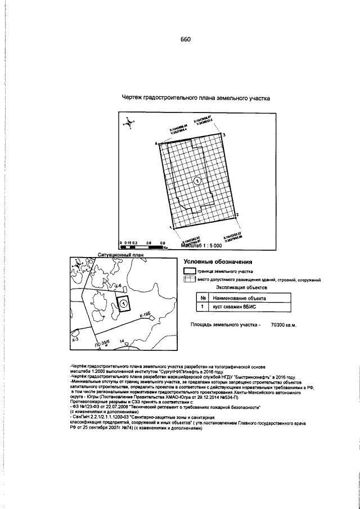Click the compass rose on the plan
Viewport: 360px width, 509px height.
click(129, 122)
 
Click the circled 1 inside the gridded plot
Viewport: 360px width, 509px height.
click(197, 180)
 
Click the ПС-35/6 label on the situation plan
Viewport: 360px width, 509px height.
click(106, 342)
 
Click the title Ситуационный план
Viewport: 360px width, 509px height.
click(121, 255)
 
